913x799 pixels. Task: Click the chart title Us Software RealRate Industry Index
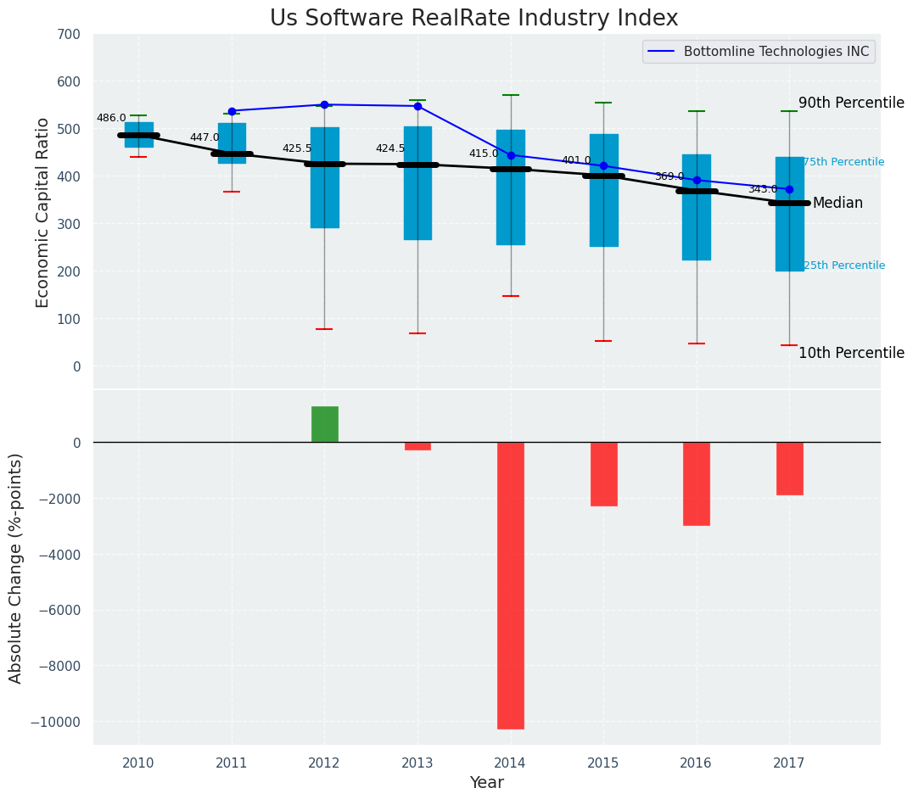pos(473,19)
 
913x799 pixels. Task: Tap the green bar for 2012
pos(324,424)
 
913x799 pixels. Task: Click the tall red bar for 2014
pos(510,585)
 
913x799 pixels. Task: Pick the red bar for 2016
pos(697,483)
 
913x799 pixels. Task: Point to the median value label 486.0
pos(111,119)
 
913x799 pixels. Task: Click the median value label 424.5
pos(390,149)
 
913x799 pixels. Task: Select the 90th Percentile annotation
pos(851,103)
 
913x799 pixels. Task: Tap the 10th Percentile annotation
pos(851,354)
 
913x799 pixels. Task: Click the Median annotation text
pos(837,204)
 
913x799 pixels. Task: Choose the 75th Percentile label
pos(843,162)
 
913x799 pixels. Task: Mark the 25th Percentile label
pos(843,265)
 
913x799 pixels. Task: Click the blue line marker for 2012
pos(324,104)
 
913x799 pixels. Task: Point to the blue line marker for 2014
pos(511,155)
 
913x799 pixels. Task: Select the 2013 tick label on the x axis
pos(417,763)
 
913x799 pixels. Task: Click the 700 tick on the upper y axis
pos(69,35)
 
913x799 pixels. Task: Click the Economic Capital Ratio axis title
pos(43,212)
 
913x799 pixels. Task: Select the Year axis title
pos(487,783)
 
